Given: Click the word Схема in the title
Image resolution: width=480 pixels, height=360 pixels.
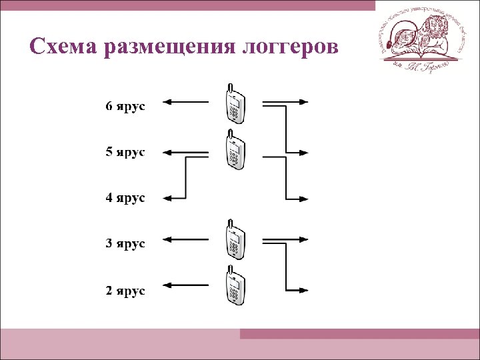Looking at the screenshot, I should click(x=63, y=47).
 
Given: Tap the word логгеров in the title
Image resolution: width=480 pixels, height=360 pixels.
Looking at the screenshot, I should click(x=291, y=48).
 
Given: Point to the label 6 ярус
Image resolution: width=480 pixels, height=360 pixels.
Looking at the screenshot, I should click(x=125, y=107).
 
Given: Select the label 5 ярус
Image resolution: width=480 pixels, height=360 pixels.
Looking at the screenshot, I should click(x=125, y=152).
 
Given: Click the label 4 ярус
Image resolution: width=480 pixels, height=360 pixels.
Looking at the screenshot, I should click(x=125, y=198).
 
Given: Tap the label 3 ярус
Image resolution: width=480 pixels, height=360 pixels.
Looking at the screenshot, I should click(x=125, y=243).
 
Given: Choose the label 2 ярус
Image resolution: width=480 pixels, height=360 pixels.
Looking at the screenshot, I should click(x=125, y=291).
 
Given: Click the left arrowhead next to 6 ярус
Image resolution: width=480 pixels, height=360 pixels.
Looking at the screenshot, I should click(x=168, y=102).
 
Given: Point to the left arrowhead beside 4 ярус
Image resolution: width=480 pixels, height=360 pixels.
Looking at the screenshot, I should click(x=168, y=197).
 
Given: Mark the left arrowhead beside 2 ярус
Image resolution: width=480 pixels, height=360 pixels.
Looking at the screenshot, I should click(x=168, y=285).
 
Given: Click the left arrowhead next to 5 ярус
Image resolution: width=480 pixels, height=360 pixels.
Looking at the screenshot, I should click(x=168, y=152).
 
